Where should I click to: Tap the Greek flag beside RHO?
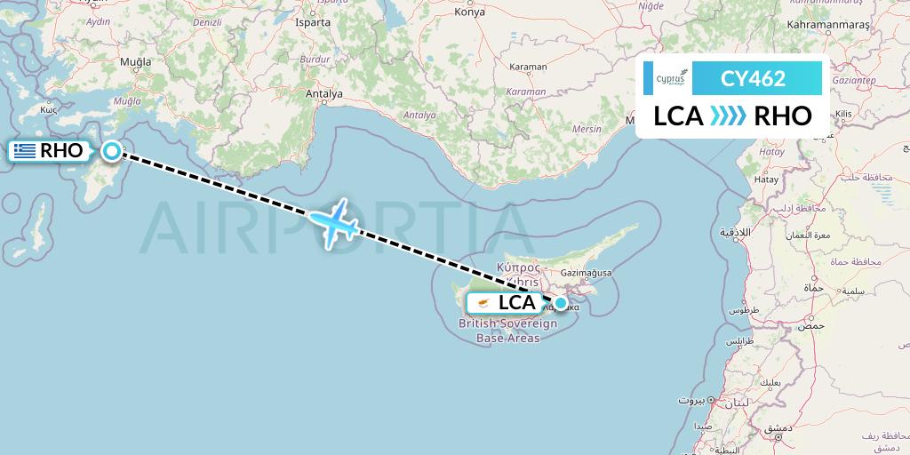point(25,151)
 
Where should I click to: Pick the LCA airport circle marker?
point(561,303)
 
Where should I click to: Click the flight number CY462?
point(753,78)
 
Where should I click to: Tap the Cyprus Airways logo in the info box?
point(670,78)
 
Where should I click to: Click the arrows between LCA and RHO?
point(729,116)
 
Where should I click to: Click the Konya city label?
point(469,12)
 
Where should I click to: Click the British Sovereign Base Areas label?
point(508,331)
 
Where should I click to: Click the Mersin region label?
point(587,129)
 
